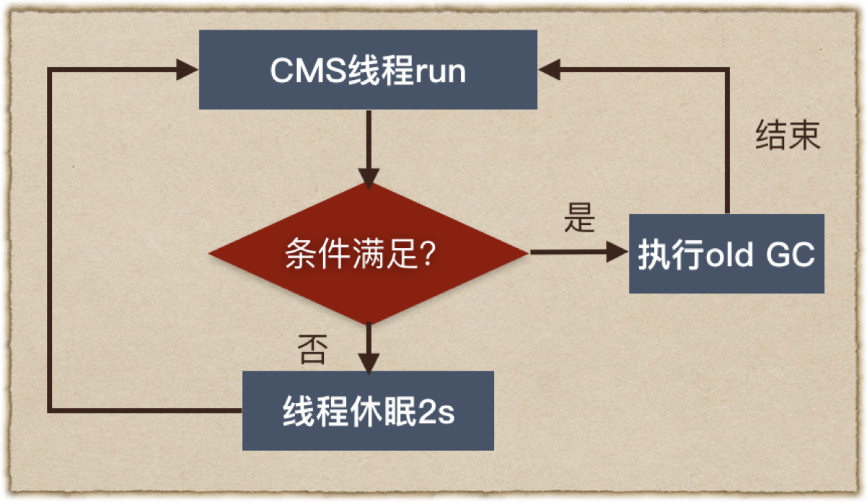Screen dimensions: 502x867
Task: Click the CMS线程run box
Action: (368, 70)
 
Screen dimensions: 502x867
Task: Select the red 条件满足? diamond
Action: (368, 253)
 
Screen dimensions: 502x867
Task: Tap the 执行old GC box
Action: (726, 253)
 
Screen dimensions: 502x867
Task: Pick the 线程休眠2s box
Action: (368, 410)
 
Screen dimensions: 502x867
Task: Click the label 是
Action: (579, 217)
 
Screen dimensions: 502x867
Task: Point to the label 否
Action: (312, 351)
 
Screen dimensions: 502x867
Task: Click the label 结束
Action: (788, 136)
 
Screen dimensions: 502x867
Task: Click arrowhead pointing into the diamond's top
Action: (369, 177)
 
